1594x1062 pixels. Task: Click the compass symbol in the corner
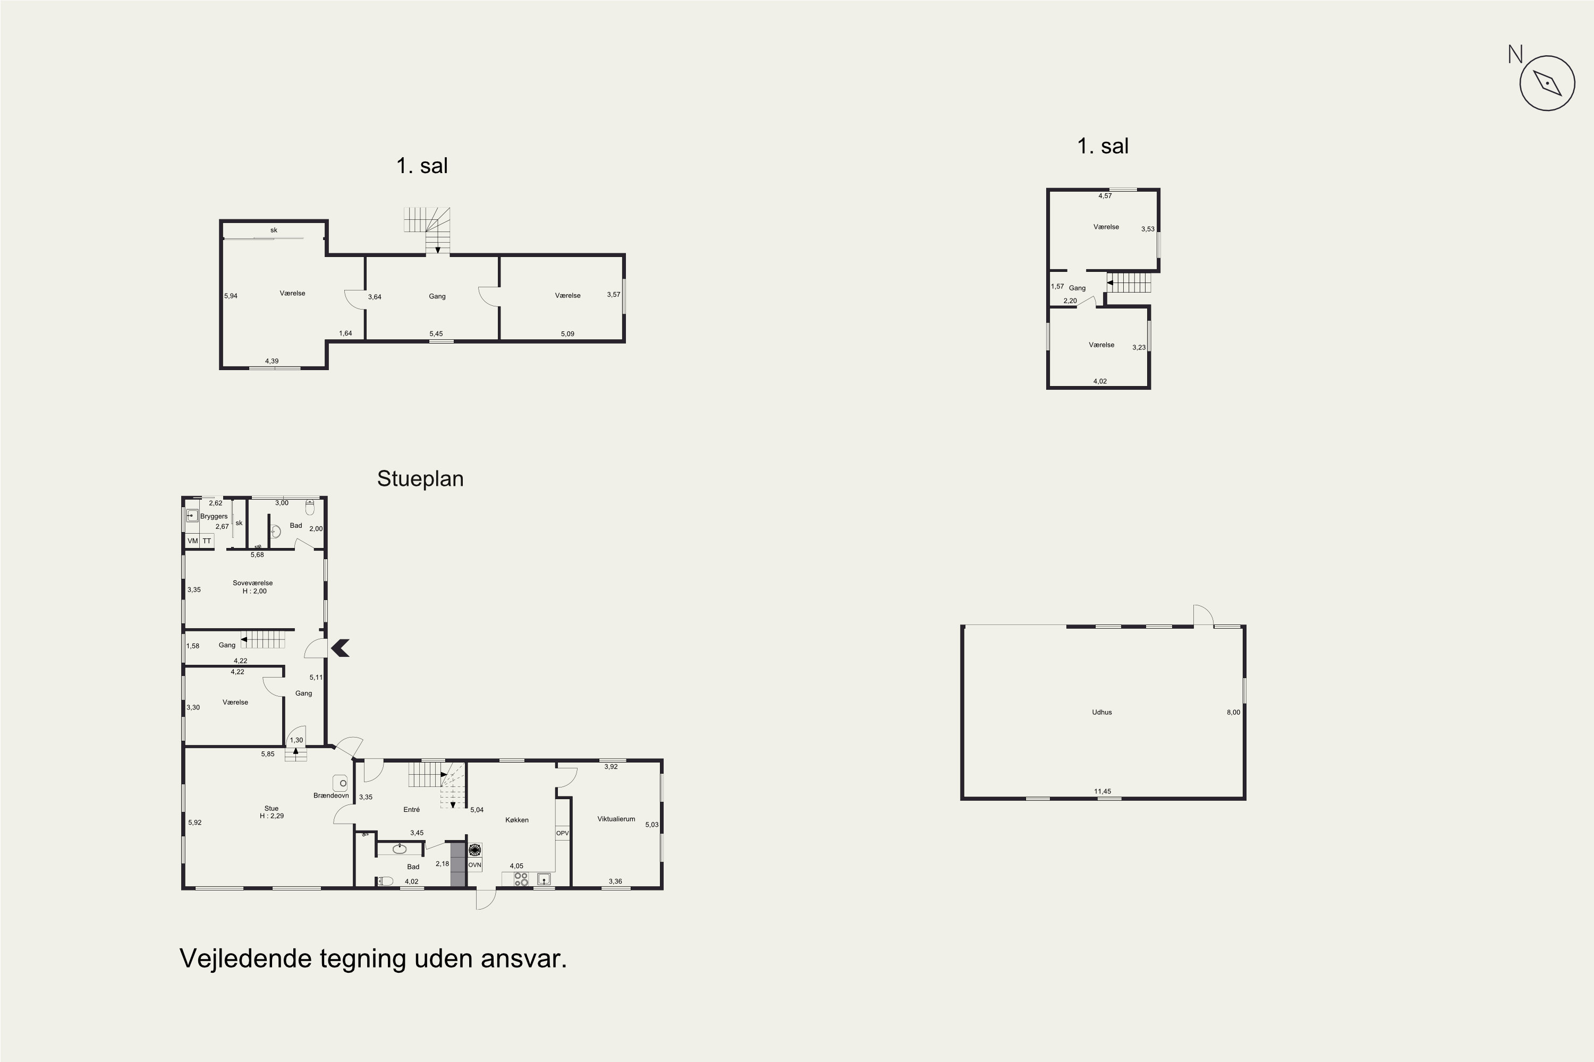pyautogui.click(x=1547, y=83)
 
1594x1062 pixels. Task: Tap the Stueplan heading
pyautogui.click(x=420, y=479)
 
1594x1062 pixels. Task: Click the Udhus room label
pyautogui.click(x=1102, y=712)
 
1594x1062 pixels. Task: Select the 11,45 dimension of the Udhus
pyautogui.click(x=1103, y=791)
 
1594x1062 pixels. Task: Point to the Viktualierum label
pyautogui.click(x=616, y=819)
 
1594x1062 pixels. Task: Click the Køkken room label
pyautogui.click(x=517, y=819)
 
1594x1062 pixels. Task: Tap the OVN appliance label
pyautogui.click(x=474, y=865)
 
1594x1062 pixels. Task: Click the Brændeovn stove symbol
pyautogui.click(x=340, y=783)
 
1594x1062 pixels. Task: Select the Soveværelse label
pyautogui.click(x=253, y=583)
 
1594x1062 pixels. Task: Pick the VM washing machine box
pyautogui.click(x=192, y=541)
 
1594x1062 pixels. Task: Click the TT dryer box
pyautogui.click(x=207, y=541)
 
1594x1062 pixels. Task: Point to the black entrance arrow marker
pyautogui.click(x=340, y=648)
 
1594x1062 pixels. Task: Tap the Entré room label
pyautogui.click(x=411, y=809)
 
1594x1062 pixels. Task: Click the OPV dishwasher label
pyautogui.click(x=563, y=833)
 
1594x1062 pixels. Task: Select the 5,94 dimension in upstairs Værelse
pyautogui.click(x=231, y=296)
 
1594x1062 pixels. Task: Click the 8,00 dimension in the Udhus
pyautogui.click(x=1233, y=712)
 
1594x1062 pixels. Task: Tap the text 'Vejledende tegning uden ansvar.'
pyautogui.click(x=374, y=958)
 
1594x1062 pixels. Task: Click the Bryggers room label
pyautogui.click(x=214, y=516)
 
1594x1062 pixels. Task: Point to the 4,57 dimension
pyautogui.click(x=1105, y=196)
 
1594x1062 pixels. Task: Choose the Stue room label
pyautogui.click(x=272, y=808)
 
